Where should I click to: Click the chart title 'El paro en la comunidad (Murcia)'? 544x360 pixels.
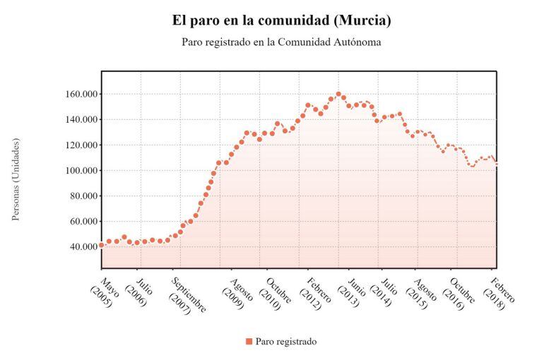pyautogui.click(x=281, y=20)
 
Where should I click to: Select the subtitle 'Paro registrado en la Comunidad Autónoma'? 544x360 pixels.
pyautogui.click(x=281, y=42)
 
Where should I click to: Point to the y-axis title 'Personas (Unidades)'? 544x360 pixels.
pyautogui.click(x=16, y=179)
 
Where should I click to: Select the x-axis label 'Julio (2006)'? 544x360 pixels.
pyautogui.click(x=139, y=292)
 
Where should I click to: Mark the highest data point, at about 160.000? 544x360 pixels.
pyautogui.click(x=338, y=94)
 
